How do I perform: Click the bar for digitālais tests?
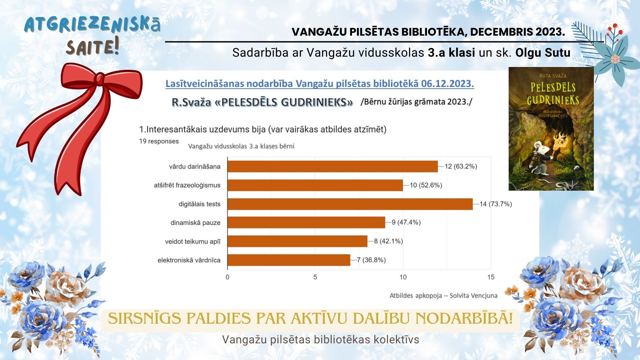click(x=350, y=204)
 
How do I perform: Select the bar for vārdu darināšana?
click(x=332, y=166)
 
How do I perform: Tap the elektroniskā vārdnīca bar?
click(x=289, y=260)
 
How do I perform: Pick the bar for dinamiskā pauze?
click(x=306, y=223)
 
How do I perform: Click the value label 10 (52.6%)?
click(x=426, y=185)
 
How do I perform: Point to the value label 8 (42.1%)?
click(x=388, y=241)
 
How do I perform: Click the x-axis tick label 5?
click(x=315, y=277)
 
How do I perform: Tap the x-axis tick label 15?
click(x=491, y=277)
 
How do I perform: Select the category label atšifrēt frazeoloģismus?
click(x=187, y=185)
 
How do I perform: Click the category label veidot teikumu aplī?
click(x=193, y=242)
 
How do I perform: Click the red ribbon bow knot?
click(x=100, y=79)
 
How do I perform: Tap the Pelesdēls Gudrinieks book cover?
click(x=551, y=129)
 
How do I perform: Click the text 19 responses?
click(x=159, y=141)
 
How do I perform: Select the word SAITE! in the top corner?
click(x=92, y=47)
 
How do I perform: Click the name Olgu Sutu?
click(x=543, y=53)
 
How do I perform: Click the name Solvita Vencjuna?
click(x=473, y=296)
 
